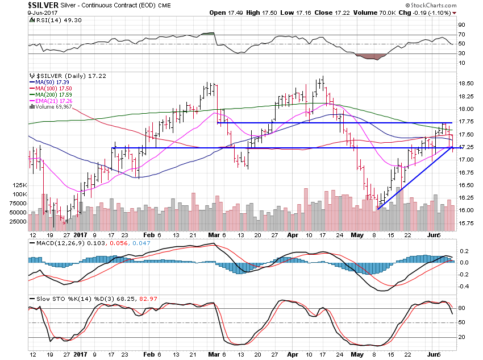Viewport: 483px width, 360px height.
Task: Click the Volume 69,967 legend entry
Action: click(51, 107)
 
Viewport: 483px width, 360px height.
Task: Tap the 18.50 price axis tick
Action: click(467, 83)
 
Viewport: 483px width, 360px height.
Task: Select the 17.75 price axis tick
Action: click(467, 122)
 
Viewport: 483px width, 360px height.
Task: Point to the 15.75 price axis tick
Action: click(467, 223)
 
